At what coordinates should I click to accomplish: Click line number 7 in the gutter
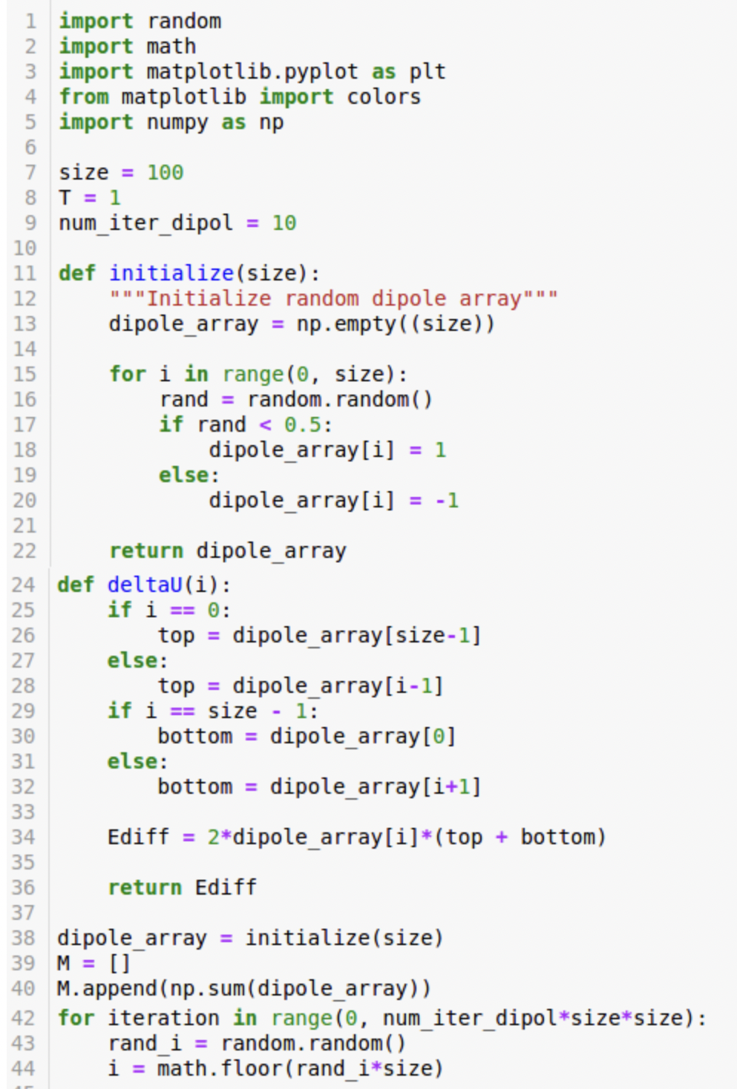pos(30,173)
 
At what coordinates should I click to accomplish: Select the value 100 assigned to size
pos(166,173)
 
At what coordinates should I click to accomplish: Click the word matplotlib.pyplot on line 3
pos(252,72)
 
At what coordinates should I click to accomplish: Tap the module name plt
pos(428,72)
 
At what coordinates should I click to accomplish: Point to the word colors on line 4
pos(384,96)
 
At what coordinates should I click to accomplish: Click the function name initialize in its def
pos(171,273)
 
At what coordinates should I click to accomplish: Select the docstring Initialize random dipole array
pos(334,298)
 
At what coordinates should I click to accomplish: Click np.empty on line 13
pos(347,323)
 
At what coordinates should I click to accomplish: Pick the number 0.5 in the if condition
pos(303,425)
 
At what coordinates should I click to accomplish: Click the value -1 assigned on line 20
pos(447,500)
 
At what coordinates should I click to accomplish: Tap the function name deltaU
pos(145,585)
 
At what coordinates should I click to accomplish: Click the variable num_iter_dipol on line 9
pos(146,223)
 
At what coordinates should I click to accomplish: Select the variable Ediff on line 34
pos(139,837)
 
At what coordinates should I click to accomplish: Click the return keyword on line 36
pos(145,887)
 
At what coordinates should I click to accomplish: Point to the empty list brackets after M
pos(119,963)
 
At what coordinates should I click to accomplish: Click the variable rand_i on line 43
pos(145,1043)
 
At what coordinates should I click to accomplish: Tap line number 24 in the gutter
pos(23,585)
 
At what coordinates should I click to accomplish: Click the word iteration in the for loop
pos(164,1018)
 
